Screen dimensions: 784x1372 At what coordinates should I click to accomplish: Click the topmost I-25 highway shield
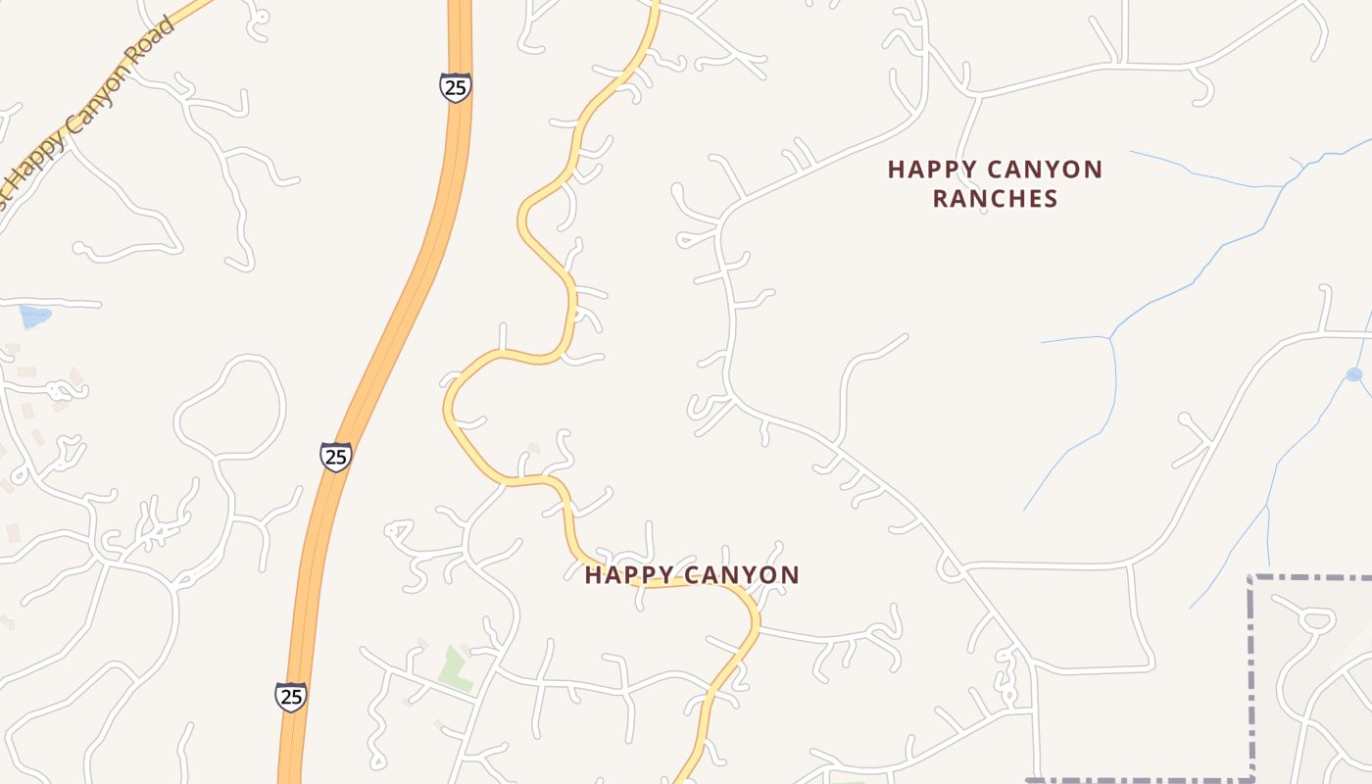tap(455, 87)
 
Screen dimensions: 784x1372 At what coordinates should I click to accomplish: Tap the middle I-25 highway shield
tap(336, 456)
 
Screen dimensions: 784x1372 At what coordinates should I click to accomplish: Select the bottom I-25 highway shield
tap(290, 697)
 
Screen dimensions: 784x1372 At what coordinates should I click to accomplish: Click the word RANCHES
tap(995, 199)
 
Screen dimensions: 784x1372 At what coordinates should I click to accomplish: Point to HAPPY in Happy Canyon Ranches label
tap(928, 170)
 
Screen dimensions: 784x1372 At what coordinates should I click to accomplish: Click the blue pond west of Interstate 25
tap(34, 316)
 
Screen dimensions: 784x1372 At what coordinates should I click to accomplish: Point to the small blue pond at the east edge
tap(1354, 374)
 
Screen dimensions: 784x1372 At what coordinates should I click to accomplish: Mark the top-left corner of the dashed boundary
tap(1251, 579)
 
